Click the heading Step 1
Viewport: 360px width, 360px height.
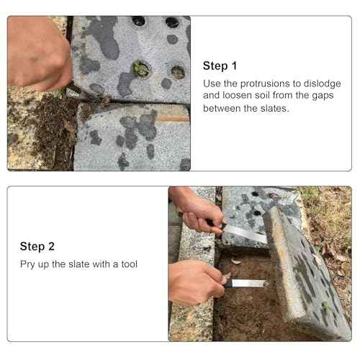(220, 66)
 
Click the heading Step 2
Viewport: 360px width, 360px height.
(37, 246)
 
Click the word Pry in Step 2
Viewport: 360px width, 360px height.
(27, 264)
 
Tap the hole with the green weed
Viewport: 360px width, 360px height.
(140, 68)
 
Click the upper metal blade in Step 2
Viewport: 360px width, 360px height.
(245, 232)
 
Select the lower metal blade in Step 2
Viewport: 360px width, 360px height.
(248, 283)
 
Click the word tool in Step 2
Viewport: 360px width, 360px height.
(128, 264)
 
